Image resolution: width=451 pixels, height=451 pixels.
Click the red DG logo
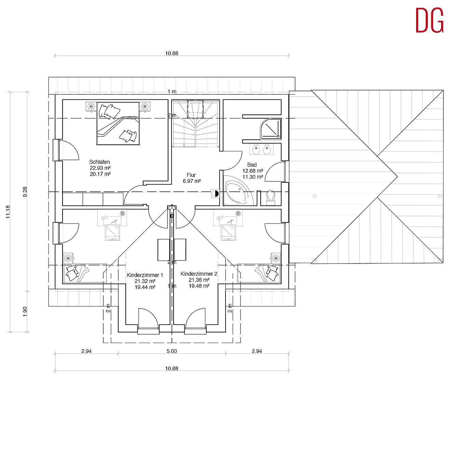429,20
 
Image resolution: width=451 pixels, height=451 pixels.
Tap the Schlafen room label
99,162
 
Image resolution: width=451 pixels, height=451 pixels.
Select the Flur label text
191,175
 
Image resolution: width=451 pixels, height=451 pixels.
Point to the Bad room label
252,165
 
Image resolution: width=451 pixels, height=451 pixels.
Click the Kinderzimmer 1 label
145,275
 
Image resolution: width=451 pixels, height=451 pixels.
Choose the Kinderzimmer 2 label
199,274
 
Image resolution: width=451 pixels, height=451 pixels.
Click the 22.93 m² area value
100,168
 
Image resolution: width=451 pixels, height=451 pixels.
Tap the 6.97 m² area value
192,181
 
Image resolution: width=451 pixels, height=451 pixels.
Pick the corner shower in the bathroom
271,129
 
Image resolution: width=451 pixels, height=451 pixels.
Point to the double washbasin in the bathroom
261,149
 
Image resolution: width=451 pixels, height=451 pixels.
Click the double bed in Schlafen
118,123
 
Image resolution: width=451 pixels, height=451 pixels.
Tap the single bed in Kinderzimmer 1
85,273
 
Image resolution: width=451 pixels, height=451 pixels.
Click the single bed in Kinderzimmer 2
259,273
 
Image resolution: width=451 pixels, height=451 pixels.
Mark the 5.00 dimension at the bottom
172,351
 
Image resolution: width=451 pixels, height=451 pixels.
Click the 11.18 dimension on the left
8,212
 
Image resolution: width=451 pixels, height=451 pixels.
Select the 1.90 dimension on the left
25,312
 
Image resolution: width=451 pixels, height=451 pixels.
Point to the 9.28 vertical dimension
25,192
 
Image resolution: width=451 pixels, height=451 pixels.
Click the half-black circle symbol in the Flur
215,193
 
